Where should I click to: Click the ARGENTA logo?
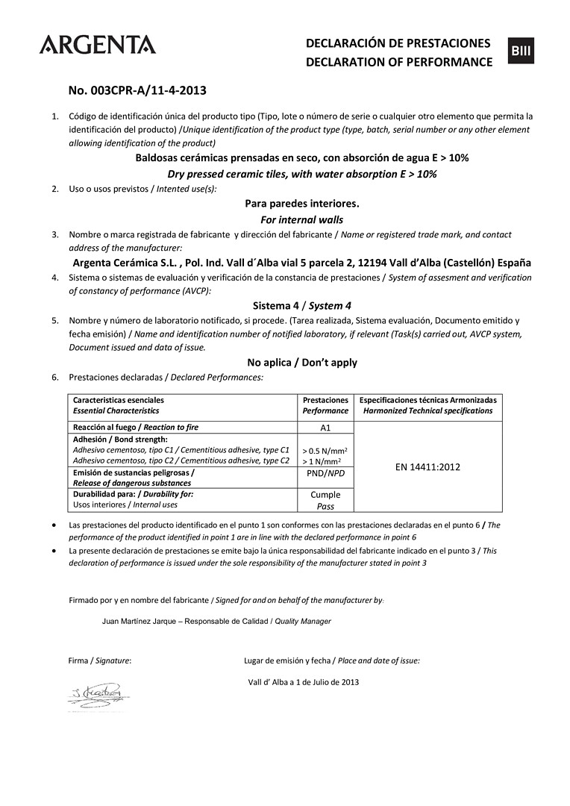coord(98,45)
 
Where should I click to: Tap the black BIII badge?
coord(521,50)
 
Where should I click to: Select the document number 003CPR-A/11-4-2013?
coord(137,91)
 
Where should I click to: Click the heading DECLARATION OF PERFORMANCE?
coord(399,62)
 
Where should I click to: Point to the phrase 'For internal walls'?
coord(301,219)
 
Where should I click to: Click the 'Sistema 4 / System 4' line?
coord(301,305)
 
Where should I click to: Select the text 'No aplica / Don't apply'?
coord(301,362)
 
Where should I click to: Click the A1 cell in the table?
coord(325,428)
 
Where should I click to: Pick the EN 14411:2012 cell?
coord(427,467)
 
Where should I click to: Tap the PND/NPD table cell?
coord(325,472)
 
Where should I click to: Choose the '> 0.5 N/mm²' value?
coord(325,450)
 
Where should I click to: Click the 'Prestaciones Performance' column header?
coord(325,405)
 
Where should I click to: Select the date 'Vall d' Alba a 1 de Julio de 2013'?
coord(304,681)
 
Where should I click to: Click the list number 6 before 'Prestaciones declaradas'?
coord(54,377)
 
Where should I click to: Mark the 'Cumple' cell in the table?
coord(325,494)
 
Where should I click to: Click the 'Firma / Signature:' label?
coord(100,660)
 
